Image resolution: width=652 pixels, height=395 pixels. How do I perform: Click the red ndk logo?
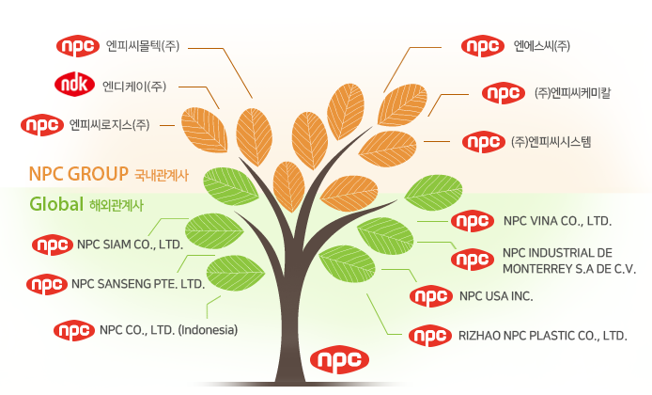75,85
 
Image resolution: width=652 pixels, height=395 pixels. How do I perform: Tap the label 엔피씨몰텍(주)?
143,45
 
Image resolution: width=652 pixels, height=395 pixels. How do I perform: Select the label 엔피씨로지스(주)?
109,124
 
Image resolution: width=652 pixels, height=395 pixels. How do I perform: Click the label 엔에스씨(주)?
542,45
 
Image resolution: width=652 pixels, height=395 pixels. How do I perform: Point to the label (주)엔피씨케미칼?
572,92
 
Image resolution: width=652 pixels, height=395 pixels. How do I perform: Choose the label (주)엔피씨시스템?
551,142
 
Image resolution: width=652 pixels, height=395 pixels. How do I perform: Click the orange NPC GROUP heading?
79,174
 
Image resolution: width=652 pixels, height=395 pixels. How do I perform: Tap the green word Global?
56,204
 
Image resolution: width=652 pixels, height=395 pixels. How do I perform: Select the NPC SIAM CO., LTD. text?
131,245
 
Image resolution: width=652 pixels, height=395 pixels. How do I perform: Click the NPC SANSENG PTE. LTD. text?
138,284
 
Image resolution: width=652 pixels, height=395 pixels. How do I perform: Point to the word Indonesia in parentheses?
208,330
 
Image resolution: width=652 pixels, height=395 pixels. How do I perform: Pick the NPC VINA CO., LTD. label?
557,221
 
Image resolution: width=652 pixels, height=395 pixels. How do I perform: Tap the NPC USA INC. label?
496,296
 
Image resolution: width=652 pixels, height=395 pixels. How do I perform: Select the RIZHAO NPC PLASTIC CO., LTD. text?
543,336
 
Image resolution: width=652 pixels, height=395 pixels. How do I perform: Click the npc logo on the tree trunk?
340,359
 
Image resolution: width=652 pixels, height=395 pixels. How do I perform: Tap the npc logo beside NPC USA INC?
431,296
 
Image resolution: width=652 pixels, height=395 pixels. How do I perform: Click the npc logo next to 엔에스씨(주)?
483,46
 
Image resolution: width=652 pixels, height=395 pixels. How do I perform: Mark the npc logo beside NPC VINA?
473,221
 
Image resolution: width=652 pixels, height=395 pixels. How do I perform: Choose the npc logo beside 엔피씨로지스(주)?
42,125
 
